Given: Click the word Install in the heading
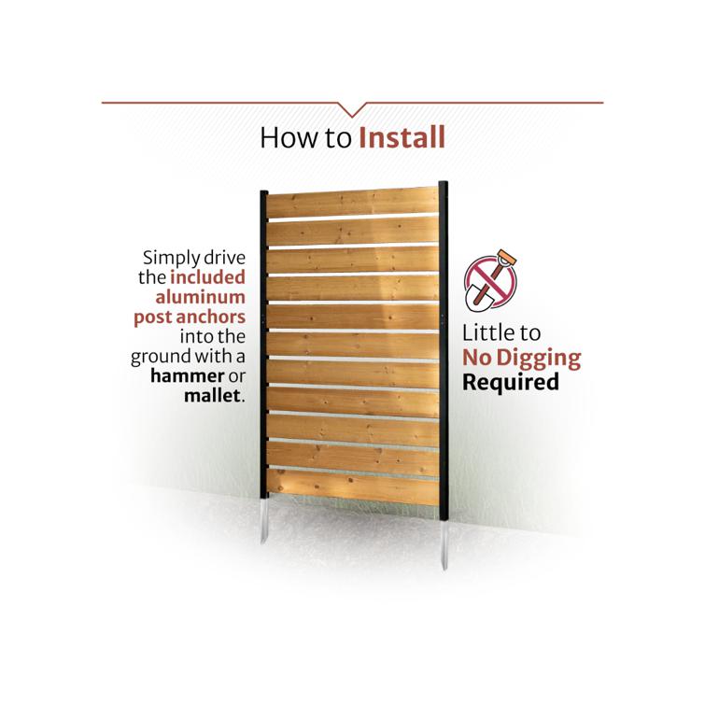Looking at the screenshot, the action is pos(402,137).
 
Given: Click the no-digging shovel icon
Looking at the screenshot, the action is pos(490,280).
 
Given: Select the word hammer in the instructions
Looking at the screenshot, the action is pos(187,376).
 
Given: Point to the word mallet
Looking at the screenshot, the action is pos(212,396).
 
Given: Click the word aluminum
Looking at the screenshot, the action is pos(201,297).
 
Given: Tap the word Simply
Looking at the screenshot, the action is pos(171,259).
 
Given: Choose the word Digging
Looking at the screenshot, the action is pos(539,360).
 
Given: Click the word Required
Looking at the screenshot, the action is pos(511,382).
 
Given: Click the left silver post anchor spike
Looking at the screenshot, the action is pos(264,521).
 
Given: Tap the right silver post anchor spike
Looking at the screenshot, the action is pos(444,544).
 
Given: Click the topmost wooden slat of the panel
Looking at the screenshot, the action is pos(353,204).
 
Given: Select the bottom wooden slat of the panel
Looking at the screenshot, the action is pos(353,486).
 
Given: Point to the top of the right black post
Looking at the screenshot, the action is pos(444,183).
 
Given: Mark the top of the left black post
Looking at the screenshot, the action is pos(264,193).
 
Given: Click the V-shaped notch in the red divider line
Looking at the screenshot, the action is pos(352,110).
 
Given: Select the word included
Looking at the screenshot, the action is pos(207,277).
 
